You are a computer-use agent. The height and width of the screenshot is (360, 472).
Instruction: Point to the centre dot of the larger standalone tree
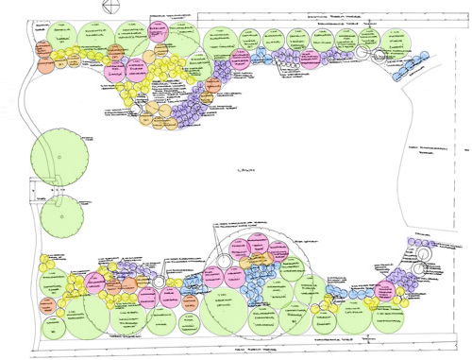(x=58, y=155)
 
